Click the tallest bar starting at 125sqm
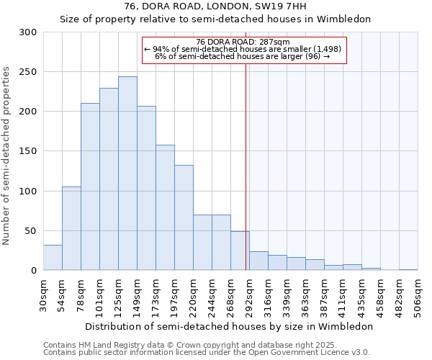[127, 174]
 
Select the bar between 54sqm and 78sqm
[71, 228]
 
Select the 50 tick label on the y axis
[31, 231]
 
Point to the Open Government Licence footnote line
[206, 352]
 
